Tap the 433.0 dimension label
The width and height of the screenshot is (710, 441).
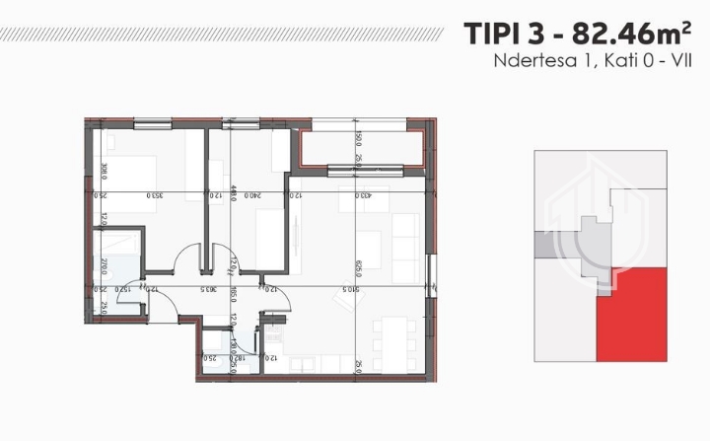point(364,194)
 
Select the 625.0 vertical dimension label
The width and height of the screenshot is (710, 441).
point(357,268)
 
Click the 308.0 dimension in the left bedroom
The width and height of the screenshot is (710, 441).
point(104,170)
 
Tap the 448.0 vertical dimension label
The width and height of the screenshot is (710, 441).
point(232,194)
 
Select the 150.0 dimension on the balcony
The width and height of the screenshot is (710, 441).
point(358,137)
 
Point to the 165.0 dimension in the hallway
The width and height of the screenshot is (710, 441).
point(232,294)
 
